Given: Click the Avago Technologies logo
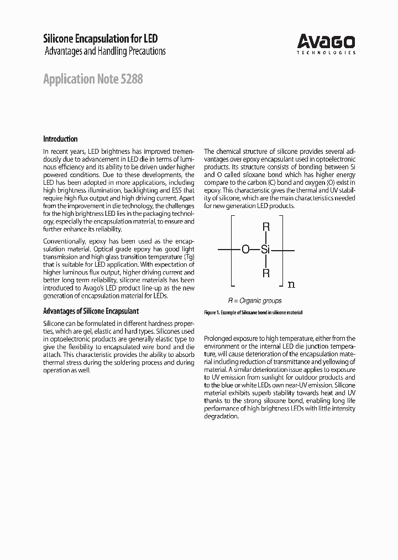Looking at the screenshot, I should [326, 42].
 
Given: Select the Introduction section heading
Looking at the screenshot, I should [60, 139].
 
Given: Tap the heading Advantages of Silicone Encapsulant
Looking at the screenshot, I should [91, 311].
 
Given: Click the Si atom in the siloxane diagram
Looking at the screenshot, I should [265, 250].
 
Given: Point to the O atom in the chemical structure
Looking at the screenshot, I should [245, 250].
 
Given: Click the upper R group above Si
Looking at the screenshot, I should [266, 227].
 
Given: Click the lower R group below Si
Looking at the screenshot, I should [266, 273].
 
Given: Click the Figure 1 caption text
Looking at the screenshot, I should [253, 313].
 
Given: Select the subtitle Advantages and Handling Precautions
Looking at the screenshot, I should [104, 51].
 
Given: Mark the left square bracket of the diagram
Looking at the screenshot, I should [232, 251].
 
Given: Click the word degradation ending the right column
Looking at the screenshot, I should [221, 416].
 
